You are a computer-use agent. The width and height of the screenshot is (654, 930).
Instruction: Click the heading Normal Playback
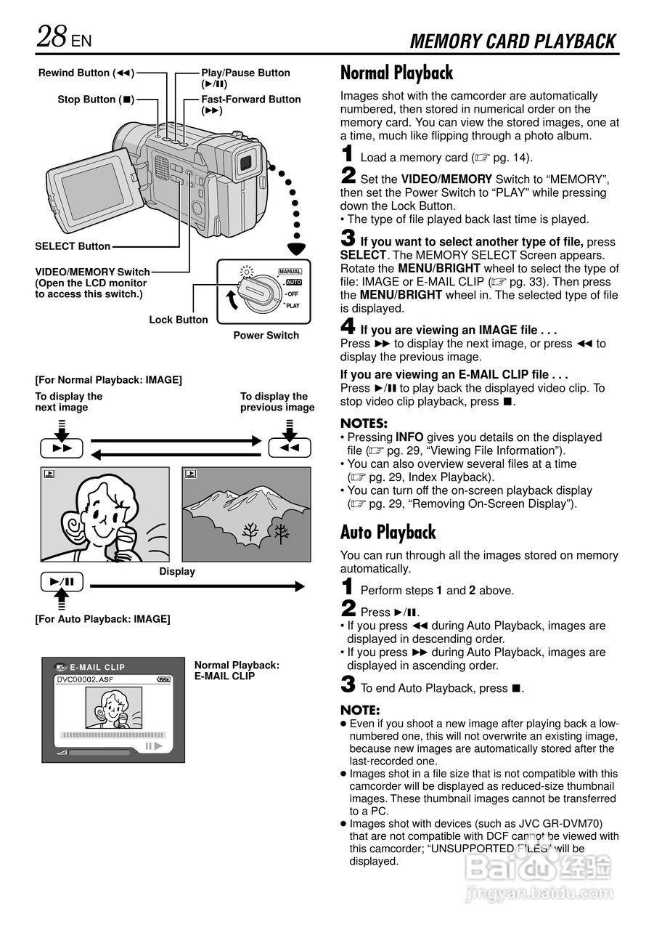[x=396, y=73]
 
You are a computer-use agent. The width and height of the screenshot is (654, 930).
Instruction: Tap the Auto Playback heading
[x=388, y=533]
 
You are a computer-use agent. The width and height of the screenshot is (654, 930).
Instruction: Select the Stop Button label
[x=96, y=100]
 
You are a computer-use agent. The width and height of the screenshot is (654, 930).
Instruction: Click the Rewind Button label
[x=86, y=73]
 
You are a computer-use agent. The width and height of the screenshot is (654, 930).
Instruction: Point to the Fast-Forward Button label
[x=250, y=100]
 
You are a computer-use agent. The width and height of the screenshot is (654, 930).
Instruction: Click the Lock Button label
[x=179, y=320]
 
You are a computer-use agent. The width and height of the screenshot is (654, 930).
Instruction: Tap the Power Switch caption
[x=266, y=336]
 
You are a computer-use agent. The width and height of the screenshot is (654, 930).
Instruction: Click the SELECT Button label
[x=73, y=246]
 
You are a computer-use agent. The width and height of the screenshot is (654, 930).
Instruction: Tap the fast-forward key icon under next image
[x=62, y=448]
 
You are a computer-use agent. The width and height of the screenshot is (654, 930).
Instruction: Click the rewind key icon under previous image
[x=289, y=448]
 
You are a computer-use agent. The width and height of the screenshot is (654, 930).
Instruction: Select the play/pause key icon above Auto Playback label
[x=62, y=581]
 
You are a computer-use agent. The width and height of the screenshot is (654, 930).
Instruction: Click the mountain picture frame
[x=246, y=514]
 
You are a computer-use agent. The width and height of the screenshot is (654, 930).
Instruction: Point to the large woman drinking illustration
[x=105, y=514]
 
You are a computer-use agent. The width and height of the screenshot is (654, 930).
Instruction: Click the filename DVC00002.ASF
[x=85, y=679]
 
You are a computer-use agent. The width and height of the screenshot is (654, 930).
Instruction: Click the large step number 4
[x=348, y=328]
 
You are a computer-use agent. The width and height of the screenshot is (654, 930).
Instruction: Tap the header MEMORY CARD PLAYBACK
[x=512, y=41]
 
